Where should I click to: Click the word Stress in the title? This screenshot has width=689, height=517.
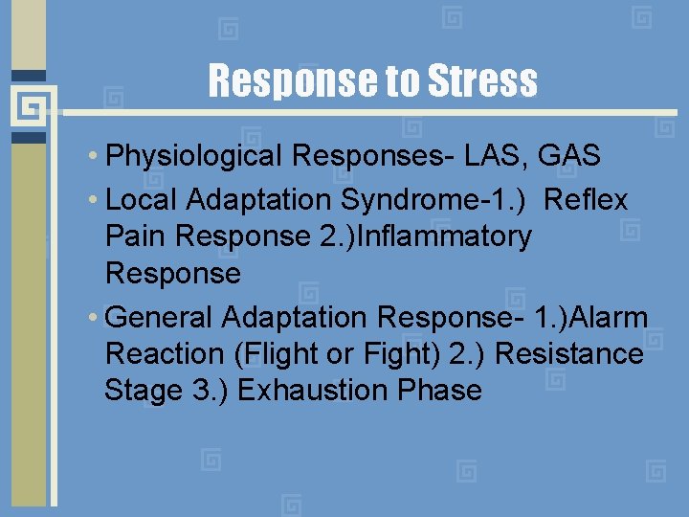pos(483,81)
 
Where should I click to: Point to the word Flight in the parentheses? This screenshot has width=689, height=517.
pos(278,353)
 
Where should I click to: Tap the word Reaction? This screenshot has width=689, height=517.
pos(165,353)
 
